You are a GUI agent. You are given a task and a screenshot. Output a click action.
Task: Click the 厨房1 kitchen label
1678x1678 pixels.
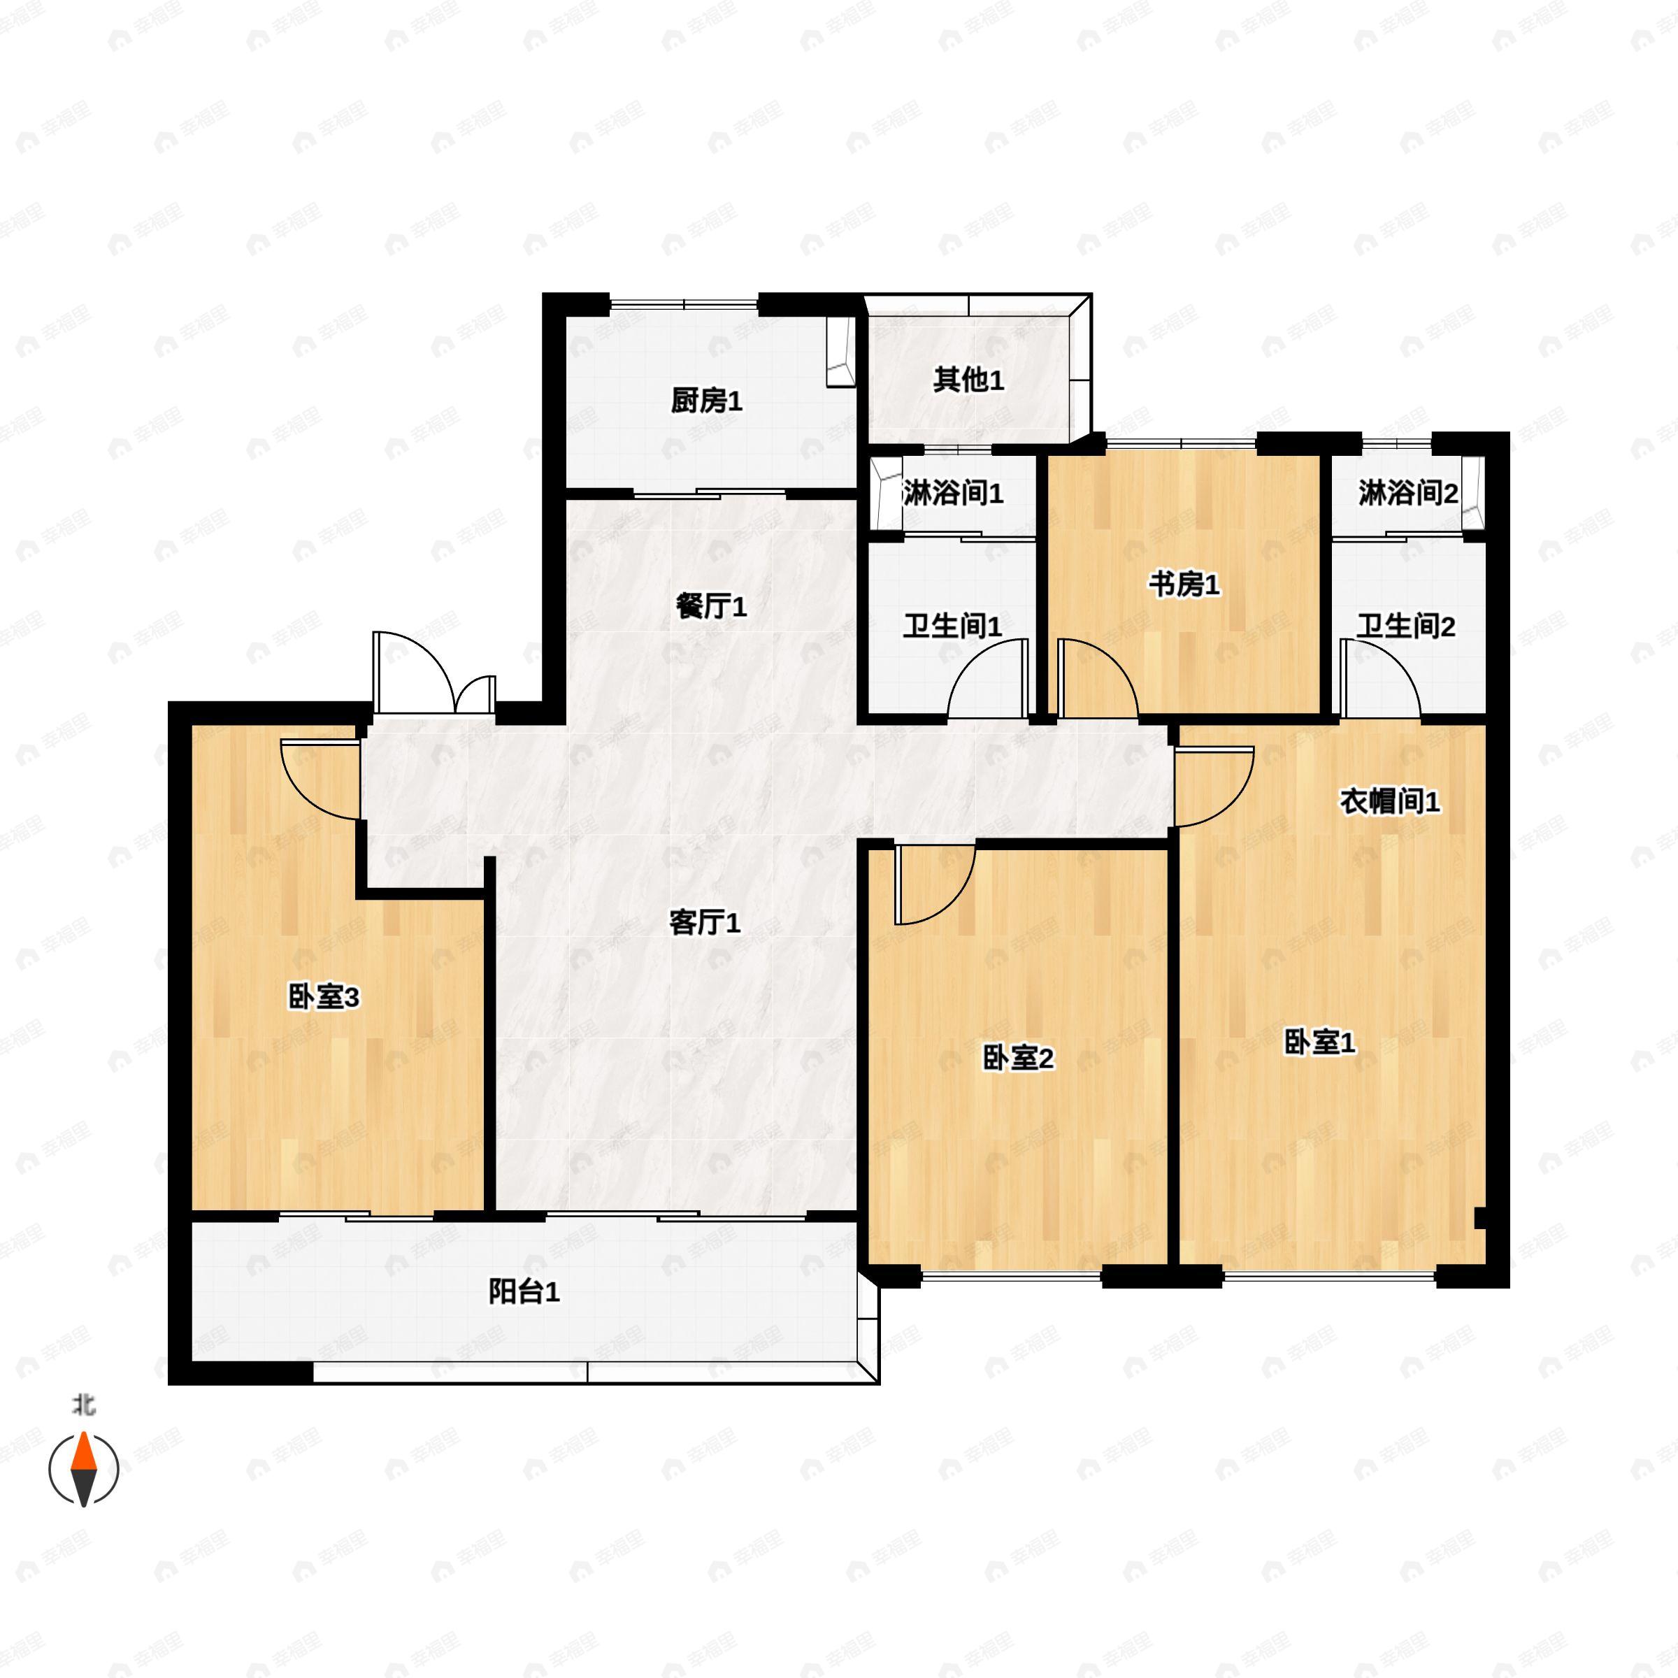(x=706, y=401)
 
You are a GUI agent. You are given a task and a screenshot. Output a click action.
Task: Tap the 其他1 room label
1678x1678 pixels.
(x=968, y=380)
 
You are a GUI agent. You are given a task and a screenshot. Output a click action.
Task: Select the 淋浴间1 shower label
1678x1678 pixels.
(x=953, y=494)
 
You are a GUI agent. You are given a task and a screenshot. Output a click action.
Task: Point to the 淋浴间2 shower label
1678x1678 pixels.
(x=1408, y=494)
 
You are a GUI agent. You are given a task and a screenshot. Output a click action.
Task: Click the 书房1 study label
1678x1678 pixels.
(x=1184, y=585)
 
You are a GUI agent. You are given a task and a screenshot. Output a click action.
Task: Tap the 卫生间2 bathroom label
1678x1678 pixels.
(x=1406, y=626)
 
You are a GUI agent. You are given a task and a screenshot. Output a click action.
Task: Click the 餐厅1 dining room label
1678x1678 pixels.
(x=710, y=606)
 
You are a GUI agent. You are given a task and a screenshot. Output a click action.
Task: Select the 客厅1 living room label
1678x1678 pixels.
(x=704, y=922)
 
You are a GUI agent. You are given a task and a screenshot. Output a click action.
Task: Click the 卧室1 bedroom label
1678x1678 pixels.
(x=1319, y=1042)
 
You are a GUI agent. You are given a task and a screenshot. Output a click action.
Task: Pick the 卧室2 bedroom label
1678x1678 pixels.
(x=1018, y=1058)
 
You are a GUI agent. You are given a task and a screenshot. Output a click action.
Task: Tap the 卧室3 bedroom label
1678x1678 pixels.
(x=323, y=997)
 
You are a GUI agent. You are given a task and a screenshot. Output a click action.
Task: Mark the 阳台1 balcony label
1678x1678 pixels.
(x=524, y=1292)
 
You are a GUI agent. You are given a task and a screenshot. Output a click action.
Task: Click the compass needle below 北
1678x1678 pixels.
(x=83, y=1470)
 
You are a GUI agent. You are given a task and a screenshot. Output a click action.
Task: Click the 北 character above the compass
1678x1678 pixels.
(x=83, y=1405)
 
